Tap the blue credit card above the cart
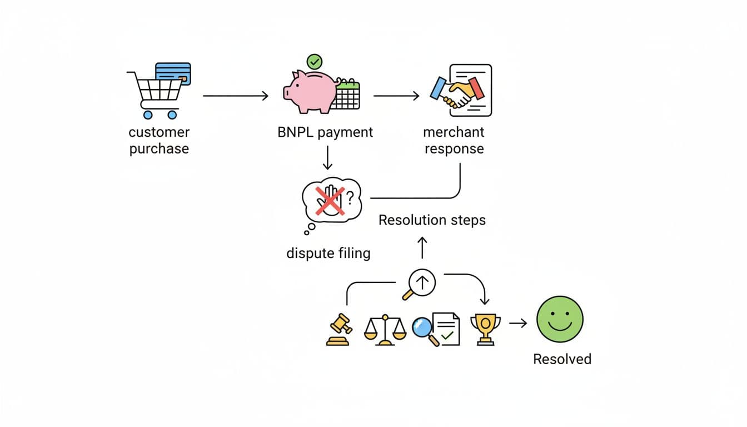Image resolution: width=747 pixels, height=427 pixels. coord(173,73)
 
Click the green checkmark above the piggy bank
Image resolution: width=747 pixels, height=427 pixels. coord(315,61)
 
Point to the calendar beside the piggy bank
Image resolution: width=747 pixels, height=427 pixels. coord(347,95)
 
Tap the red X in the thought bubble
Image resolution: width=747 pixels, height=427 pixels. coord(330,201)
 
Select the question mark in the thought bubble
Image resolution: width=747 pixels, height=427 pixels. coord(350,196)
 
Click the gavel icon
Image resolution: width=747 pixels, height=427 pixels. coord(338,330)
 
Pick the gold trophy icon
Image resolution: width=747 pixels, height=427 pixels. coord(485,329)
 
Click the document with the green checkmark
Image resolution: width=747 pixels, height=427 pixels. coord(446,329)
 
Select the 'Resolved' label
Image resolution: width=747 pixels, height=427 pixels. coord(562,359)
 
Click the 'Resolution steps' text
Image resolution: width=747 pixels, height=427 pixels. coord(432,220)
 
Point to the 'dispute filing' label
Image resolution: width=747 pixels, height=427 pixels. coord(328,254)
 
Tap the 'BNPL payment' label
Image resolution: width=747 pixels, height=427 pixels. coord(325,132)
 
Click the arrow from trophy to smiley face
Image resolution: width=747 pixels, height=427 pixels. coord(518,322)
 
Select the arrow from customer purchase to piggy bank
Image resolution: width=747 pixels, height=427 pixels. coord(236,96)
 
